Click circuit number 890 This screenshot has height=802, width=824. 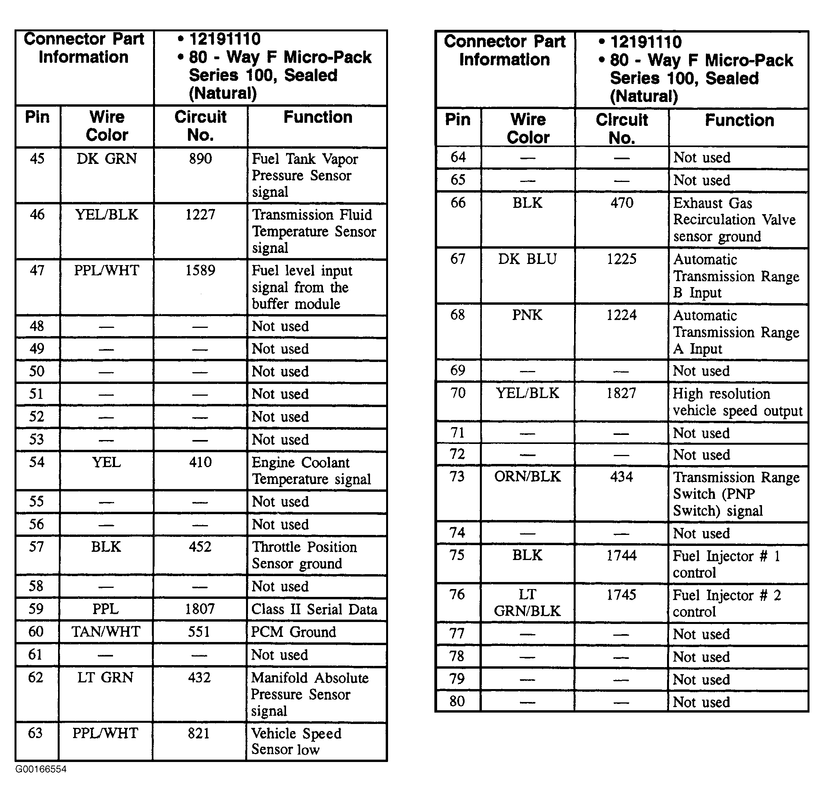200,159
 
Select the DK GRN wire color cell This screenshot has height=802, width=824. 107,159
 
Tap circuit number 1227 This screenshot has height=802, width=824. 200,215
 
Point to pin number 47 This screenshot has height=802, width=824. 37,271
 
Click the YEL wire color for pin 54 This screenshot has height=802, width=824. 106,462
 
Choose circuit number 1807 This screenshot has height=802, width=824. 200,609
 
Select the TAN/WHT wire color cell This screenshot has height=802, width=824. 106,632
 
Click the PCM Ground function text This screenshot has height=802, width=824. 294,632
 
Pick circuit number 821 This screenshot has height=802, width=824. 199,733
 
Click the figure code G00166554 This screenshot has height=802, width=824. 41,769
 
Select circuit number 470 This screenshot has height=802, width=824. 622,203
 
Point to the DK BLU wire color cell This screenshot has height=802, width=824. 527,259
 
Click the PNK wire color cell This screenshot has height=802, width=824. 527,315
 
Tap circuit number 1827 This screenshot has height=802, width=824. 621,393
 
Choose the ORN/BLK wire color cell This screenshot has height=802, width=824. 527,477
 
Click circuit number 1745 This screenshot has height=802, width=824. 621,595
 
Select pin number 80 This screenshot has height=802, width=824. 457,701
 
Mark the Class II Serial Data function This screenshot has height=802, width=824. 314,609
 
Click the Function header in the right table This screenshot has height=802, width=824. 739,120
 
